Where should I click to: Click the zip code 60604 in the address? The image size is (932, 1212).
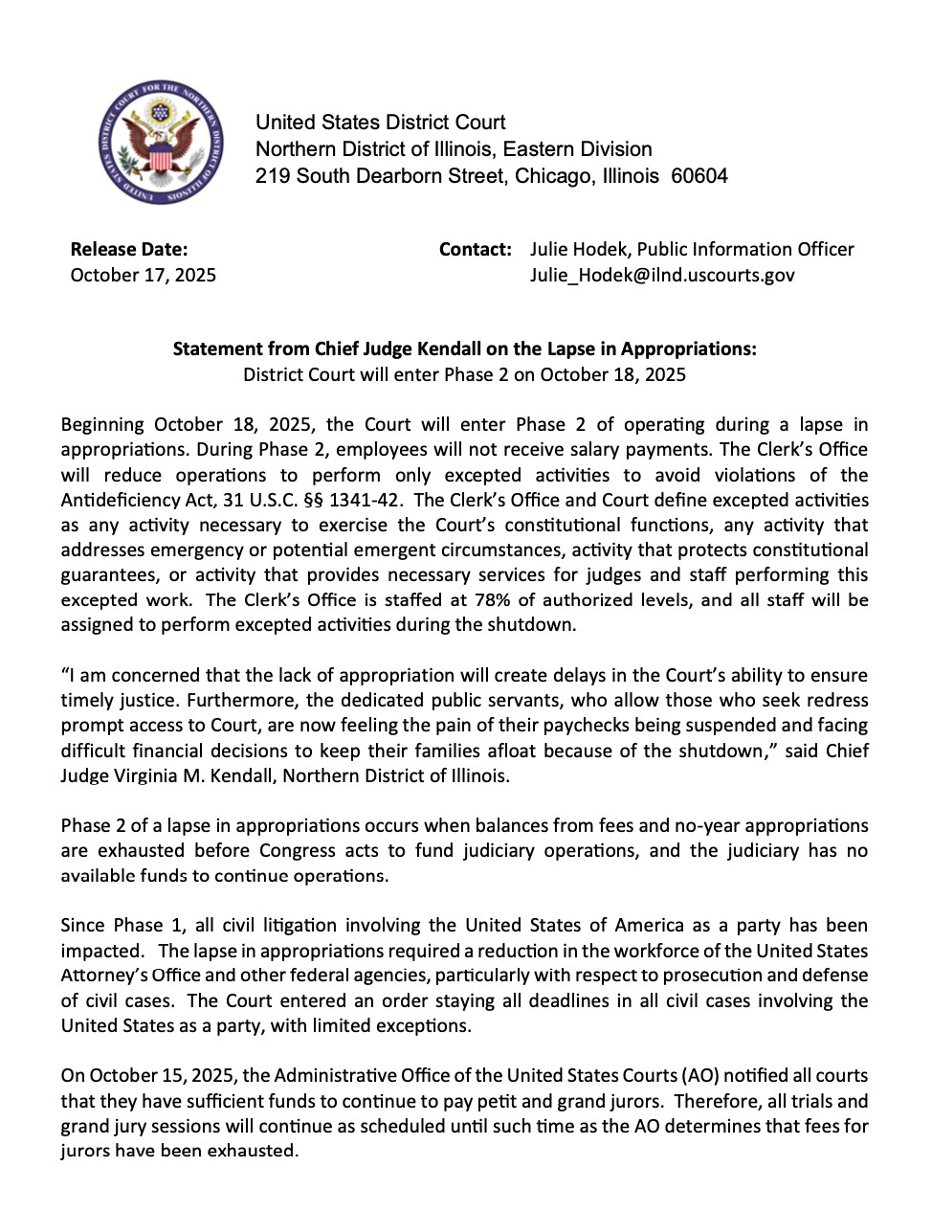699,176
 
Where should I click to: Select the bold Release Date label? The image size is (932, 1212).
129,250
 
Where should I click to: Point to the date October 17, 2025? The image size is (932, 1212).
144,276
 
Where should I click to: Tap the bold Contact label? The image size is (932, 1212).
476,250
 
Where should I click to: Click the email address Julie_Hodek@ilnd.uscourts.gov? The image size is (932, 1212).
662,276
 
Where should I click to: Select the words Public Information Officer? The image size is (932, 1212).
745,250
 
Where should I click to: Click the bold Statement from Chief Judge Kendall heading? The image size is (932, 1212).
464,349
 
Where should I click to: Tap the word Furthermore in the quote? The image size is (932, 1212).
179,701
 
